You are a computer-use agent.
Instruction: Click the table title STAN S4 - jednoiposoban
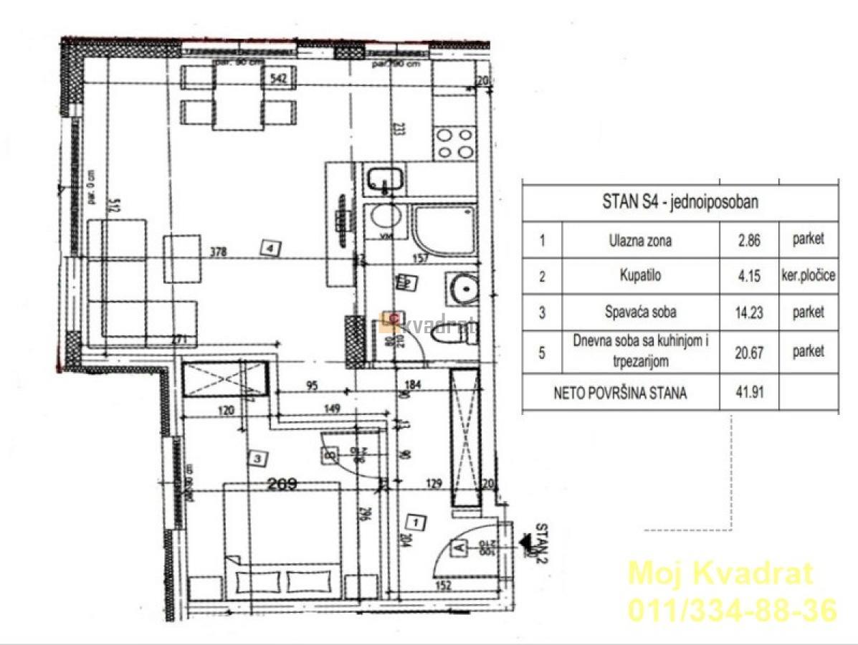680,202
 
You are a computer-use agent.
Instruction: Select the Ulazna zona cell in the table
640,241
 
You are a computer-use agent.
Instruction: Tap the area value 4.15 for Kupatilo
748,277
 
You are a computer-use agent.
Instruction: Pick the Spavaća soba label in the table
640,312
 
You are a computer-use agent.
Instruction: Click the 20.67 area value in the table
748,351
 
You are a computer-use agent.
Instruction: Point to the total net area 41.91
748,393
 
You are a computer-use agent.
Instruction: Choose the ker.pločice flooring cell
808,277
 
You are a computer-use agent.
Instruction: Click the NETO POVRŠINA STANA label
620,393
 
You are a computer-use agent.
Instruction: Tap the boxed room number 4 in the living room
270,249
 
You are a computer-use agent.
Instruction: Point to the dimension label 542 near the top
278,80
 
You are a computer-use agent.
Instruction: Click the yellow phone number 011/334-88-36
732,611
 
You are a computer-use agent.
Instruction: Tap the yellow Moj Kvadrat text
720,573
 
